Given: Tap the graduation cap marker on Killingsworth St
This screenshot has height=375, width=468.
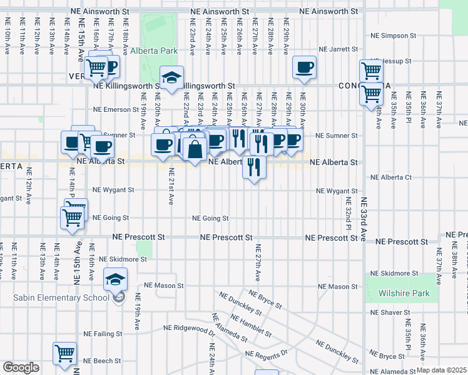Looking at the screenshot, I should [171, 77].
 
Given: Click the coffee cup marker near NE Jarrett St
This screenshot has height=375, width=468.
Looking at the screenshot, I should [305, 67].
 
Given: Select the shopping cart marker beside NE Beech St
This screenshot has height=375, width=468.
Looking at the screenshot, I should [64, 353].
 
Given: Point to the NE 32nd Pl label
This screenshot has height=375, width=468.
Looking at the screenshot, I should [348, 212].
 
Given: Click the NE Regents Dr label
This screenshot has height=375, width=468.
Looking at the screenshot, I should [266, 354].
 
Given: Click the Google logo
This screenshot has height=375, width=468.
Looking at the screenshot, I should [21, 367].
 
